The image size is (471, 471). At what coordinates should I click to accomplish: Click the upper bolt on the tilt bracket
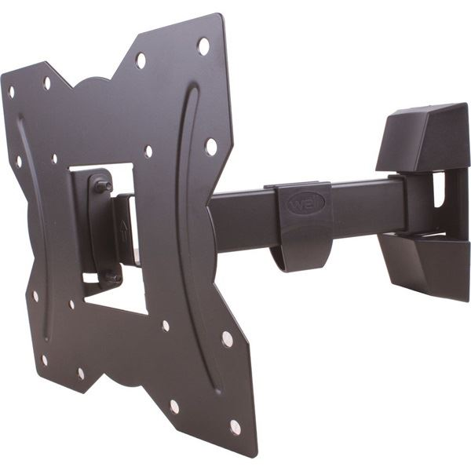103,187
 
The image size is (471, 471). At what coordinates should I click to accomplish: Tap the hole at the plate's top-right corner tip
203,46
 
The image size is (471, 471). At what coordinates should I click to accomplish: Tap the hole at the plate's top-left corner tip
11,92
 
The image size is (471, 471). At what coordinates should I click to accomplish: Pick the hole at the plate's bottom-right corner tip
235,427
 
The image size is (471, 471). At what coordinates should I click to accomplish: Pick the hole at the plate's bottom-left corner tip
44,360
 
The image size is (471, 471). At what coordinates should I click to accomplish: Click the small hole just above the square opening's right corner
148,152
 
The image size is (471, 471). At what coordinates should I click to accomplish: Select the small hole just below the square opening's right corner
165,326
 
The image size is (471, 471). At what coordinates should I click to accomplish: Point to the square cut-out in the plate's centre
110,235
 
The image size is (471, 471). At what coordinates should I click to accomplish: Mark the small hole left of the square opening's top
53,159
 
